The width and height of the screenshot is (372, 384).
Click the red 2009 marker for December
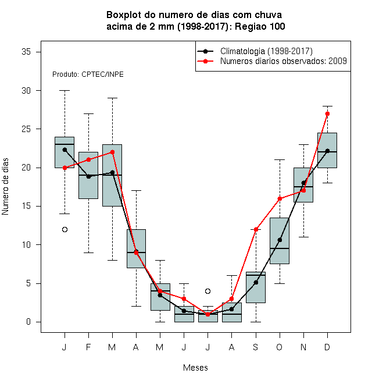[x=327, y=113]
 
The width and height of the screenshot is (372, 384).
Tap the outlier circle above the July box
[x=208, y=291]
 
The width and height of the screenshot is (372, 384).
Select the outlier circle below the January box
[x=65, y=229]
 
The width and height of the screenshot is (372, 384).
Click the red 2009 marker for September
[x=256, y=229]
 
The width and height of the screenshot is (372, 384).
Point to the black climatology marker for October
[x=280, y=240]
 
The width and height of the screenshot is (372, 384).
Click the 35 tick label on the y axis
[x=26, y=52]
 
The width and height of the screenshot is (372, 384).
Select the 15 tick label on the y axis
[x=26, y=206]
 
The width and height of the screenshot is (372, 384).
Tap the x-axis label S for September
[x=256, y=347]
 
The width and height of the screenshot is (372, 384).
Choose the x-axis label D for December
[x=327, y=347]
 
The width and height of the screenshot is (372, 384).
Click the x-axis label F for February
[x=88, y=347]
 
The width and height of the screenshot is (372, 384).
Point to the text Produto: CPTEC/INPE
[x=88, y=74]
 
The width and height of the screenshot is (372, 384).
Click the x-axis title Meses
[x=195, y=368]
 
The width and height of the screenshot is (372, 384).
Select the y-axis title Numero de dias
[x=5, y=187]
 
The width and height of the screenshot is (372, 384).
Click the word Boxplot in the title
[x=124, y=15]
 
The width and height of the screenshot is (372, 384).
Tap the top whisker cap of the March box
[x=112, y=98]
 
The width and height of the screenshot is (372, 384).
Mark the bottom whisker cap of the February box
[x=88, y=253]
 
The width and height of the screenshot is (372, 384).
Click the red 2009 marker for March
[x=112, y=152]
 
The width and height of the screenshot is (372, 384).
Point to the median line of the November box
[x=303, y=187]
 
